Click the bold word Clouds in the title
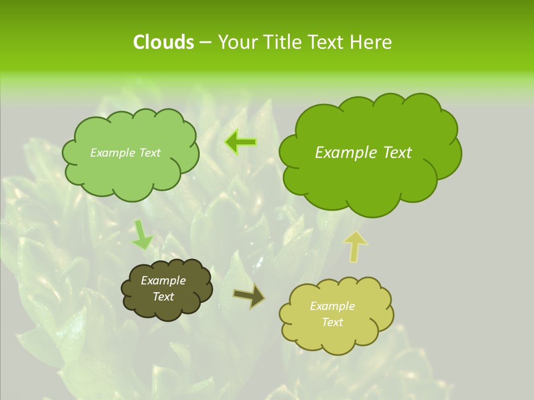163,42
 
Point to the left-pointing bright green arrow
240,142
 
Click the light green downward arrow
142,234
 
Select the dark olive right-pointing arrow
249,296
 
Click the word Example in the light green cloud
112,153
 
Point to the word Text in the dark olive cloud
164,297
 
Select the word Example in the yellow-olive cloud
332,306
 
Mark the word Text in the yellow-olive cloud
332,322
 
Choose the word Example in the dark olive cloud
164,281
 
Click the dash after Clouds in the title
205,42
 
